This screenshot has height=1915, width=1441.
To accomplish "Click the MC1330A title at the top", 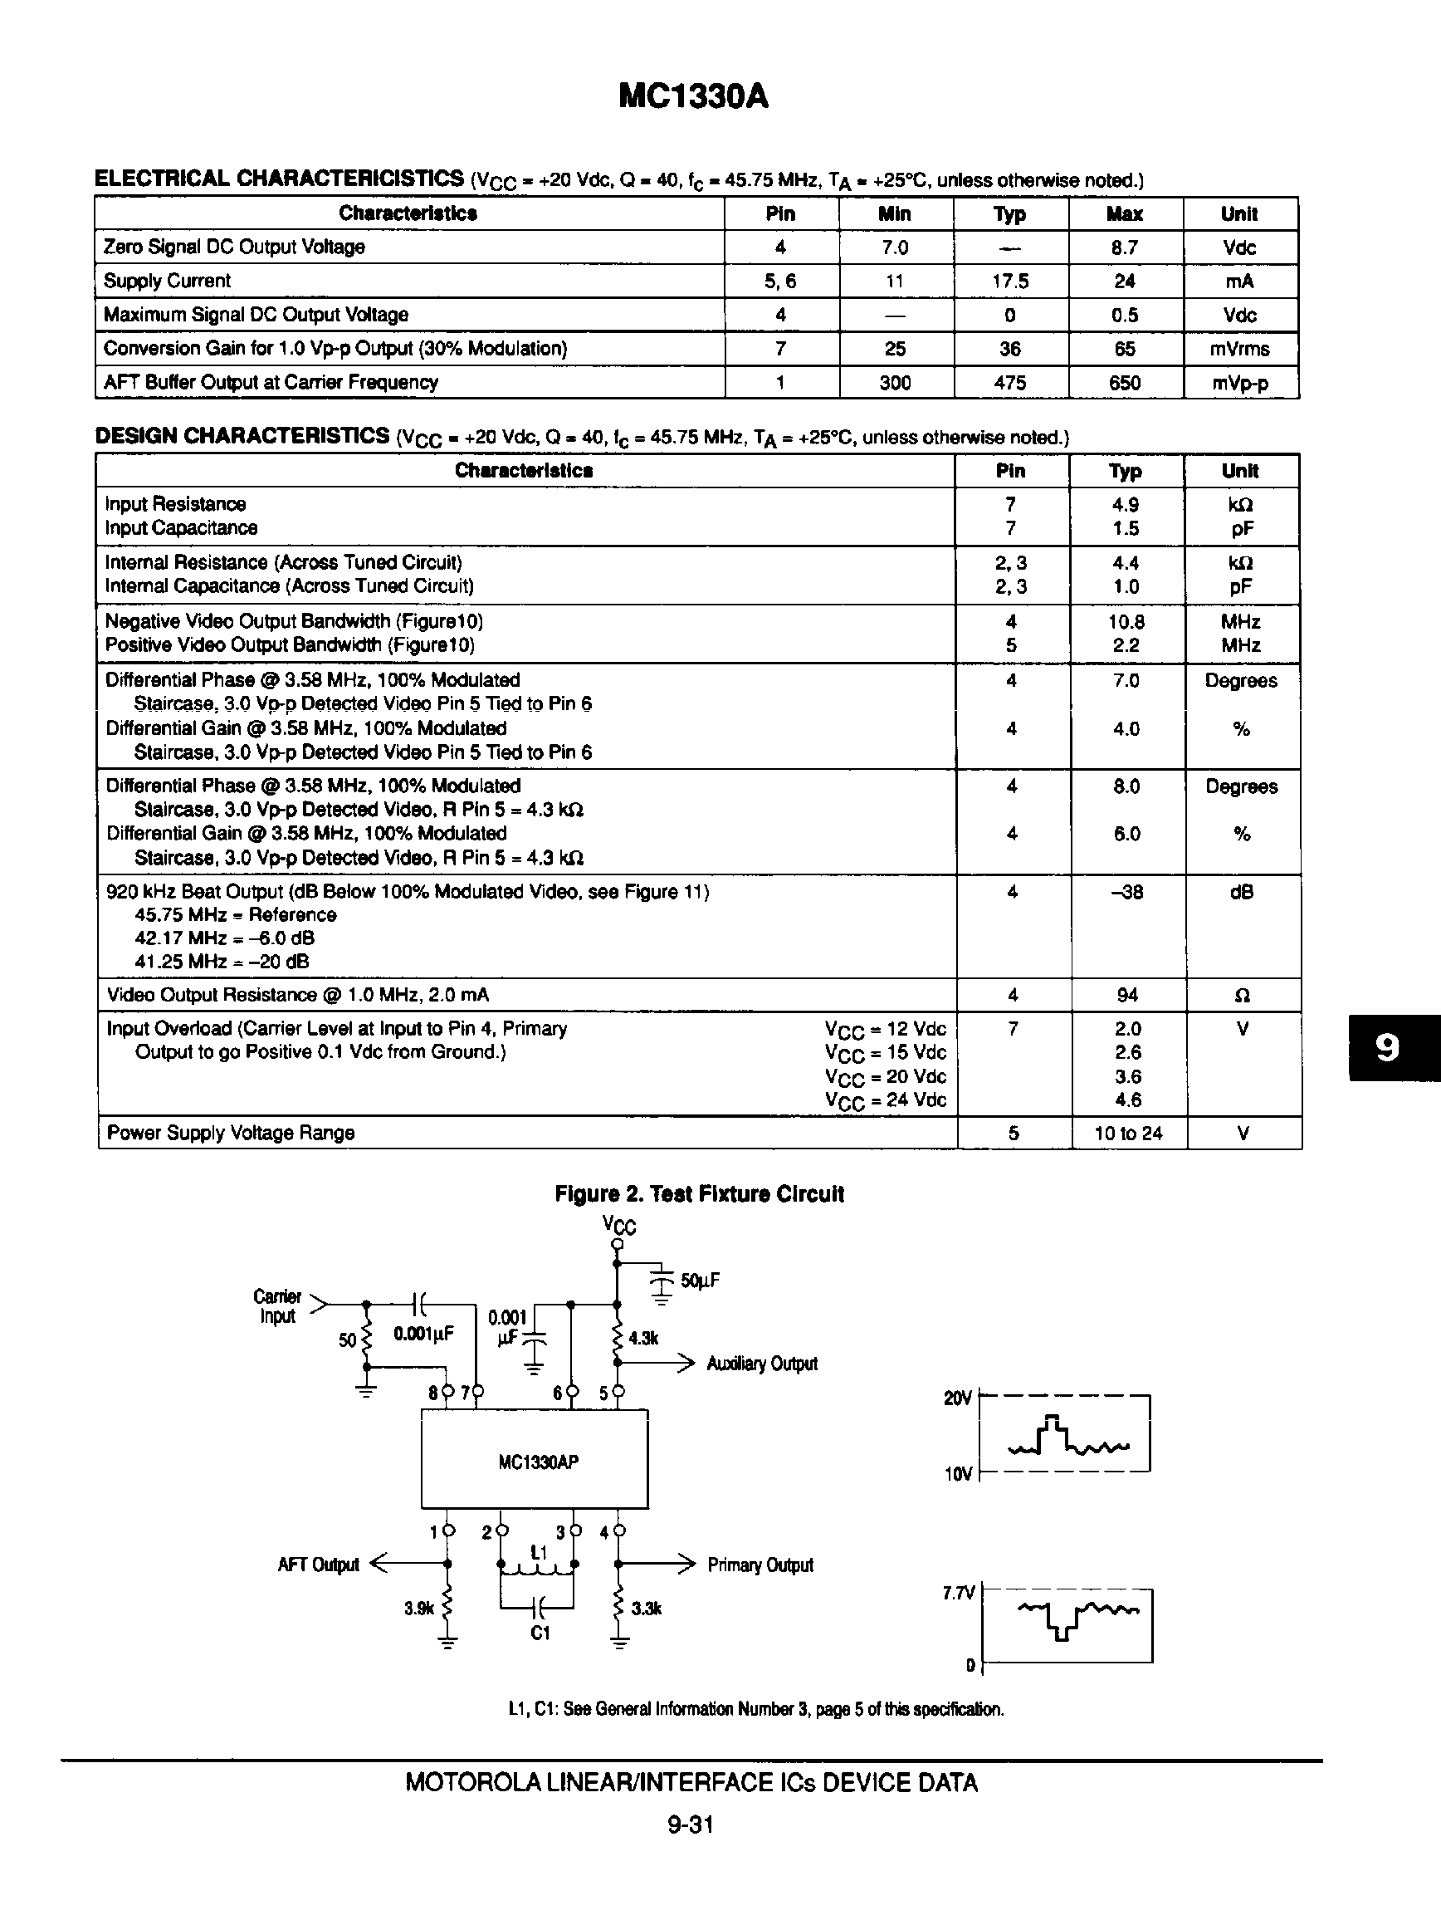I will coord(693,97).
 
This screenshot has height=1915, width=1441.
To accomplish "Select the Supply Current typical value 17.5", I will coord(1010,282).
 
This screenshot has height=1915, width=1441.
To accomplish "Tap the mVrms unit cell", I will coord(1239,349).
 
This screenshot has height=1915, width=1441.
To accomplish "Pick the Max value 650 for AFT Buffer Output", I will coord(1124,383).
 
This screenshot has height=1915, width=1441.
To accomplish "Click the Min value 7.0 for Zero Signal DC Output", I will coord(894,247).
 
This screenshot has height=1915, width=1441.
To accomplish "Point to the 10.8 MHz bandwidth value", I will coord(1126,622).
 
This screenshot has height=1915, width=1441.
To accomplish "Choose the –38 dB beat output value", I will coord(1126,892).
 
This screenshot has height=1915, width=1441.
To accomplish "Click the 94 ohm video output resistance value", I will coord(1127,995).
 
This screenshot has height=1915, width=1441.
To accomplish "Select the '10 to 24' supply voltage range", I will coord(1128,1134).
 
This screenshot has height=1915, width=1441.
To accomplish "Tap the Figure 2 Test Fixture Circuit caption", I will coord(698,1194).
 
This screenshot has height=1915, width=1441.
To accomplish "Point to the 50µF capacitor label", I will coord(699,1281).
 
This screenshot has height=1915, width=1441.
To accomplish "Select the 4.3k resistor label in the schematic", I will coord(643,1338).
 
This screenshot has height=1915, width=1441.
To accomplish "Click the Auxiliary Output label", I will coord(762,1364).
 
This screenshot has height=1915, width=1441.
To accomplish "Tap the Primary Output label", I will coord(760,1565).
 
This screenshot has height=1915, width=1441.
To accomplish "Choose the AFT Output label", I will coord(318,1565).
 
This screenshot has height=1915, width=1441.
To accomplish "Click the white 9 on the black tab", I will coord(1386,1047).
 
